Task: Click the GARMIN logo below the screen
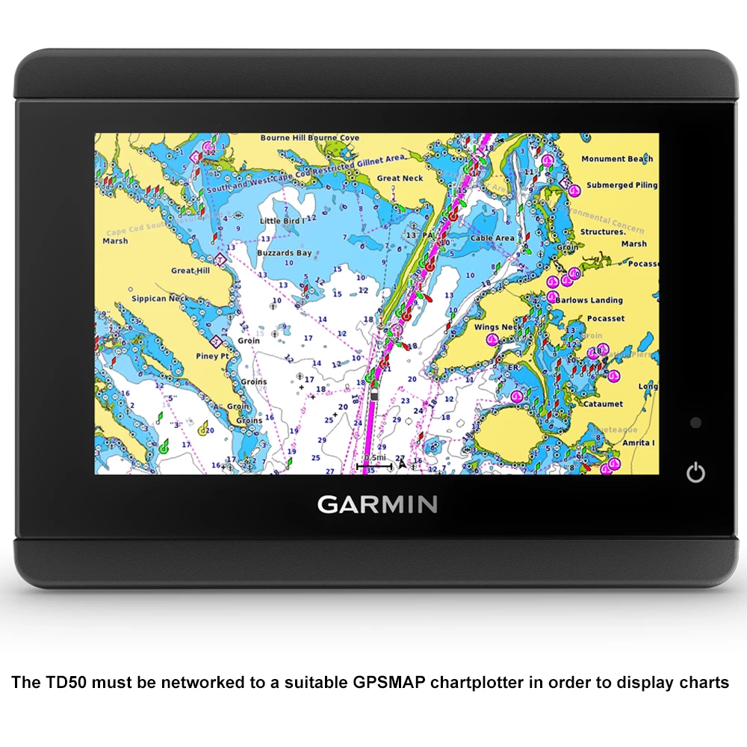click(377, 504)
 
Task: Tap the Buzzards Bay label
click(285, 253)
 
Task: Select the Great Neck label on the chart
click(400, 179)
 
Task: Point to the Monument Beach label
click(617, 159)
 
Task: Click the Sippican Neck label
click(160, 299)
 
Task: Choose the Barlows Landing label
click(589, 300)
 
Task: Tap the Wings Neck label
click(498, 327)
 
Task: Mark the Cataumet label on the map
click(603, 404)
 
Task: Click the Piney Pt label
click(212, 356)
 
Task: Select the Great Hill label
click(190, 271)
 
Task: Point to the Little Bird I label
click(280, 222)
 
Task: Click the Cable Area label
click(492, 238)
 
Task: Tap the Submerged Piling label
click(622, 185)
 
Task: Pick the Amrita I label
click(639, 443)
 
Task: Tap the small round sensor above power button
click(695, 423)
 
